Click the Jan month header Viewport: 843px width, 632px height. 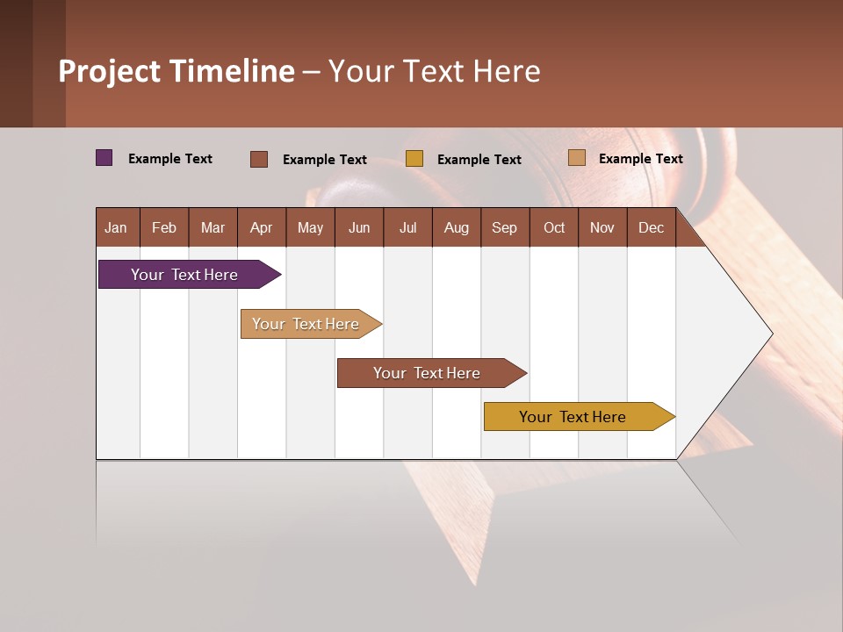[x=117, y=227]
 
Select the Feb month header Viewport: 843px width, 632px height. [x=164, y=227]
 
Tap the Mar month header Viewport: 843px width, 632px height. [x=213, y=227]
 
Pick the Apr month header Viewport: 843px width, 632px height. [x=262, y=227]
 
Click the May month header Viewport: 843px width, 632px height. [x=310, y=227]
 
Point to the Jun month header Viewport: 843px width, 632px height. [x=359, y=227]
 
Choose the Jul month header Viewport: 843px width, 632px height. [x=407, y=227]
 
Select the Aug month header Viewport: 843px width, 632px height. [x=457, y=227]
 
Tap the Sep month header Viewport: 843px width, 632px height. [x=505, y=227]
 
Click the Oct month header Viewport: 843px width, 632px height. [x=554, y=227]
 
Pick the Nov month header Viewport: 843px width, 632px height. [x=602, y=227]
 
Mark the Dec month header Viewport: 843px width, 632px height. [x=652, y=227]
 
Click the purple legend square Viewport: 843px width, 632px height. [x=104, y=158]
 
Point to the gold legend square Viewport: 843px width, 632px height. [x=414, y=159]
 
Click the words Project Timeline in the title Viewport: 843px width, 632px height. [x=177, y=71]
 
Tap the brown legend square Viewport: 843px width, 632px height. [x=259, y=159]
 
